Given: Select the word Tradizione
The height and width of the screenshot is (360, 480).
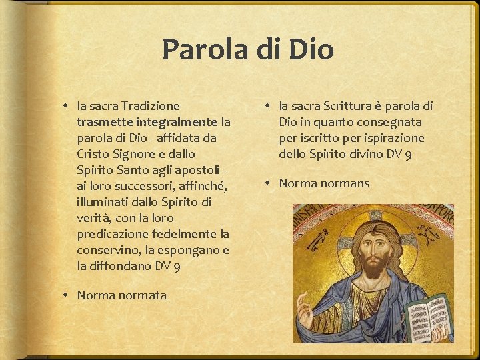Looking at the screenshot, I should (x=150, y=106).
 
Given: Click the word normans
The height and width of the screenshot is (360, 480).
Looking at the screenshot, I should (x=343, y=183).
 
